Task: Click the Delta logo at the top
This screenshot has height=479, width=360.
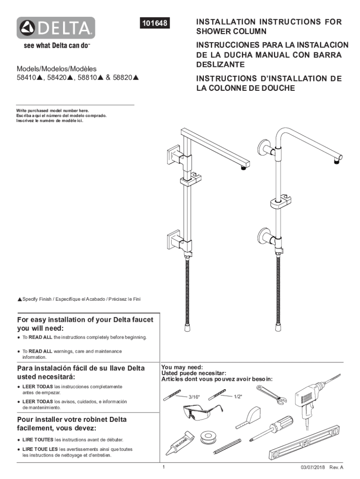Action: pyautogui.click(x=56, y=28)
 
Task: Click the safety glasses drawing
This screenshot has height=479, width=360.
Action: pyautogui.click(x=199, y=414)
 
